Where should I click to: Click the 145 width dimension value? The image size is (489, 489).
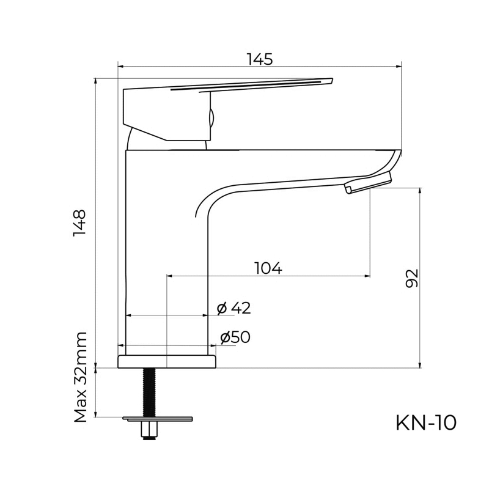260,59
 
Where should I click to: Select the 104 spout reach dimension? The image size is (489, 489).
268,268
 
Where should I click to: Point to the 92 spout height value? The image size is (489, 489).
411,278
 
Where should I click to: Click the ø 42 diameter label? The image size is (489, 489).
234,309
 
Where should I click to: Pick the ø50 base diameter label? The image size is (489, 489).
235,337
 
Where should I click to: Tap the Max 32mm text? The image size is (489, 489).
80,377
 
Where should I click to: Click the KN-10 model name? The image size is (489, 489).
426,423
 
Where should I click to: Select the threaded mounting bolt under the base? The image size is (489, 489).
149,392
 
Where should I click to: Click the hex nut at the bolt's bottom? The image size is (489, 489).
149,430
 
